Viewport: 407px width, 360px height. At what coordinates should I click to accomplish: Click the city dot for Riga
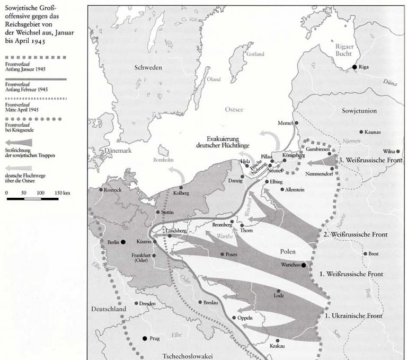pos(355,67)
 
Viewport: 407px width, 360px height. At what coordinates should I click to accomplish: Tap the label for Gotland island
pos(255,55)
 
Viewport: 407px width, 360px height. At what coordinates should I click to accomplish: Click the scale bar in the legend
pos(32,199)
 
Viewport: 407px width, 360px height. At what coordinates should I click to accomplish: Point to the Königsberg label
pos(295,155)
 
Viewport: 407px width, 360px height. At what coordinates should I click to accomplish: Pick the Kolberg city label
pos(181,194)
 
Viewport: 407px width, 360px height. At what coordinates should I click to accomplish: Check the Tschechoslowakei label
pos(187,355)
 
